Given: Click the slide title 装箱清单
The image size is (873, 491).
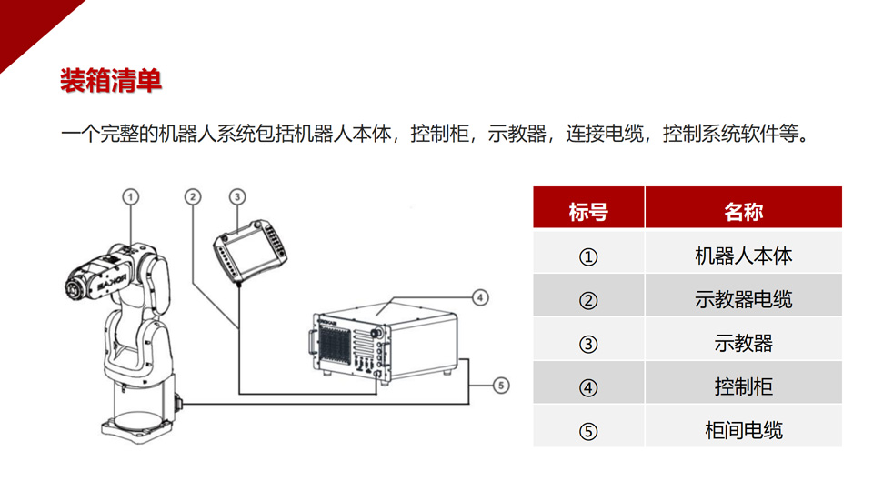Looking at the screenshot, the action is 111,81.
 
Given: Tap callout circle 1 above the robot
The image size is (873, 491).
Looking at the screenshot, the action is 130,197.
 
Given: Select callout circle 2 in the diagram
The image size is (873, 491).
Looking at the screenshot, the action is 193,197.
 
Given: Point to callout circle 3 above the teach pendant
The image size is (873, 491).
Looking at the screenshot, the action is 237,197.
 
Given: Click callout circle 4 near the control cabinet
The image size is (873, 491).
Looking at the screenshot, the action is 480,298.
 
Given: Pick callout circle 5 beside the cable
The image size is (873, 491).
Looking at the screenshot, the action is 501,386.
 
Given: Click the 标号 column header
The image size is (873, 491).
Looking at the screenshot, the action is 588,212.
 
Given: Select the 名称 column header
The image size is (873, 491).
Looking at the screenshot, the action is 743,212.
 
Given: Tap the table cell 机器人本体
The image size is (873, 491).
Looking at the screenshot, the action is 743,256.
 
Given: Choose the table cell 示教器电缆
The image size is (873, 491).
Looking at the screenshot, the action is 743,299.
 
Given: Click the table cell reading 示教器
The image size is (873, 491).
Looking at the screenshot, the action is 743,343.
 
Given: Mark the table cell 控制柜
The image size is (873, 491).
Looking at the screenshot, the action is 743,386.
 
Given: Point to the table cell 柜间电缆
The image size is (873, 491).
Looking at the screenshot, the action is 743,430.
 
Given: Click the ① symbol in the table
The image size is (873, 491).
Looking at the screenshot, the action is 588,256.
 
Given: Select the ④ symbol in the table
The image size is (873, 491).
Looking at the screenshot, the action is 588,387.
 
